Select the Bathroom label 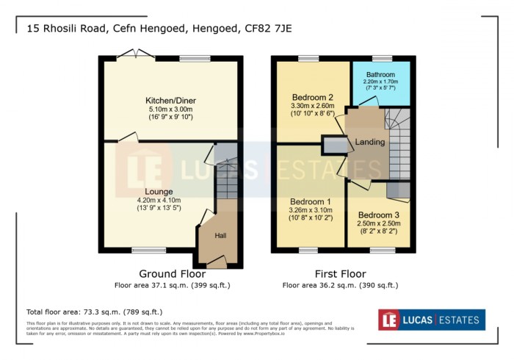[381, 75]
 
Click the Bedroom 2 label [313, 98]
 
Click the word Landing [371, 142]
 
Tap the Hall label [220, 236]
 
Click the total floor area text [94, 312]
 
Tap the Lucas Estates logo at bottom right [431, 320]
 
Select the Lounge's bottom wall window [148, 251]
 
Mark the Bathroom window [382, 59]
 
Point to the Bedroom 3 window [382, 251]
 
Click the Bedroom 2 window [308, 59]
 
